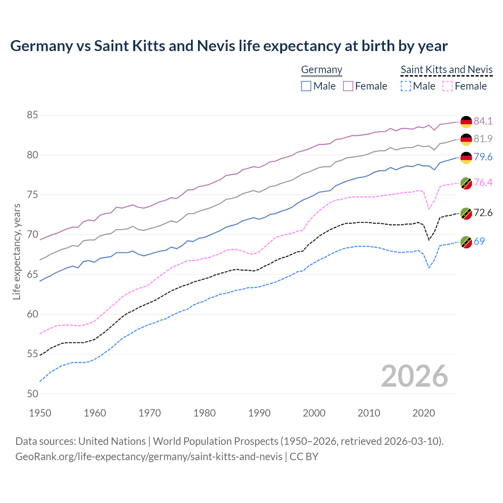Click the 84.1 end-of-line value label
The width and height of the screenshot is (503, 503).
pos(483,121)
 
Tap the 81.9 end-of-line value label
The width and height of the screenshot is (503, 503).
pos(483,139)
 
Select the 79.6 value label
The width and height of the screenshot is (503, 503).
pos(483,157)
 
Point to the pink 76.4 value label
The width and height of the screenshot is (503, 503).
pos(483,182)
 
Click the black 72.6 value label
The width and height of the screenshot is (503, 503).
pos(483,213)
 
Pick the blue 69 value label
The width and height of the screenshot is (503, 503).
pos(479,241)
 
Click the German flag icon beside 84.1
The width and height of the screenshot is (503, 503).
pos(466,121)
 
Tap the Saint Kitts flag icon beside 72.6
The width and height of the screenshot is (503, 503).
pos(466,213)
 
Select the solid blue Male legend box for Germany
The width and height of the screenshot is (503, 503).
pos(306,86)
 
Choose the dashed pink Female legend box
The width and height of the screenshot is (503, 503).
pos(448,86)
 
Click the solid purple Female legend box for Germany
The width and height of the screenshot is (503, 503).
pos(348,86)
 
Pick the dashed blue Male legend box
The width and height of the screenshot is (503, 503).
pos(406,86)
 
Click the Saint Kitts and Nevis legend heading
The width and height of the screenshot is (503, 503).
pos(446,70)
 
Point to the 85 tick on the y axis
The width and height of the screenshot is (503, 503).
pos(33,115)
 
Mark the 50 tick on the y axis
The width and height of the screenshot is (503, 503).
pos(33,394)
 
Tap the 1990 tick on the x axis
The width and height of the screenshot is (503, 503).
pos(259,413)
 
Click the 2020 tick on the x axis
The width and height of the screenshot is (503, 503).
pos(424,413)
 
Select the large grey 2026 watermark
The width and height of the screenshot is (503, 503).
pos(414,376)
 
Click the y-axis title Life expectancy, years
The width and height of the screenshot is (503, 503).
pos(17,251)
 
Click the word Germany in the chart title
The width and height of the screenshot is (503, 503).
pos(41,46)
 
